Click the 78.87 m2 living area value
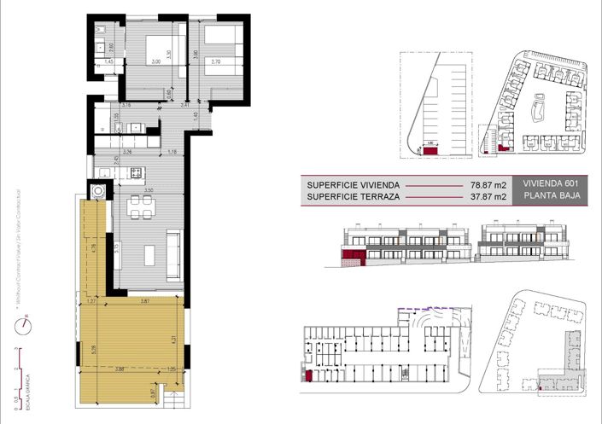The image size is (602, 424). (x=493, y=183)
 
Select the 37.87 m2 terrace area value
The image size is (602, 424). (x=493, y=197)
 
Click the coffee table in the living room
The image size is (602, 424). (x=149, y=253)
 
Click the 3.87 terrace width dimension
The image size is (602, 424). (x=145, y=302)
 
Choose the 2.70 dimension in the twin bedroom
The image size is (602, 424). (x=215, y=61)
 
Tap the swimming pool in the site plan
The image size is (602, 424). (x=540, y=108)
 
